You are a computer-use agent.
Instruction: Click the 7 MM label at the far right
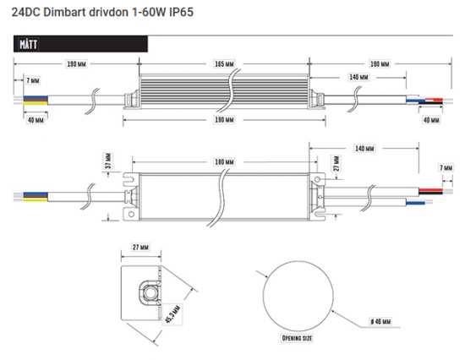(445, 168)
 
